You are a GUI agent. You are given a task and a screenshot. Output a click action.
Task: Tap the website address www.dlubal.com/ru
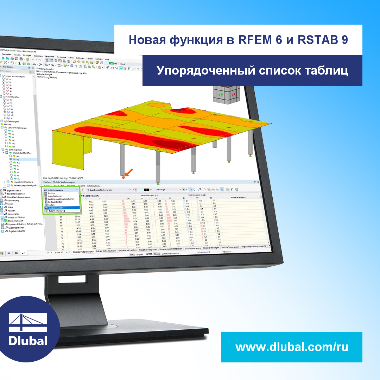pos(292,347)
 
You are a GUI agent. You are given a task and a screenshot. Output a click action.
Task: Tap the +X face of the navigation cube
pos(233,95)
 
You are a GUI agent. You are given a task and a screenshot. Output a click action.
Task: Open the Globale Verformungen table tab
pos(83,252)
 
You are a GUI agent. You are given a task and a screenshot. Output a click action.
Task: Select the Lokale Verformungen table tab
pos(106,251)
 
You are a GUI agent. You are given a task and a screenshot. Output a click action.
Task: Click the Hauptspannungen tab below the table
pos(211,248)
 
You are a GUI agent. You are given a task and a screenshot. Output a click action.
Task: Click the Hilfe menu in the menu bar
pos(107,59)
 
